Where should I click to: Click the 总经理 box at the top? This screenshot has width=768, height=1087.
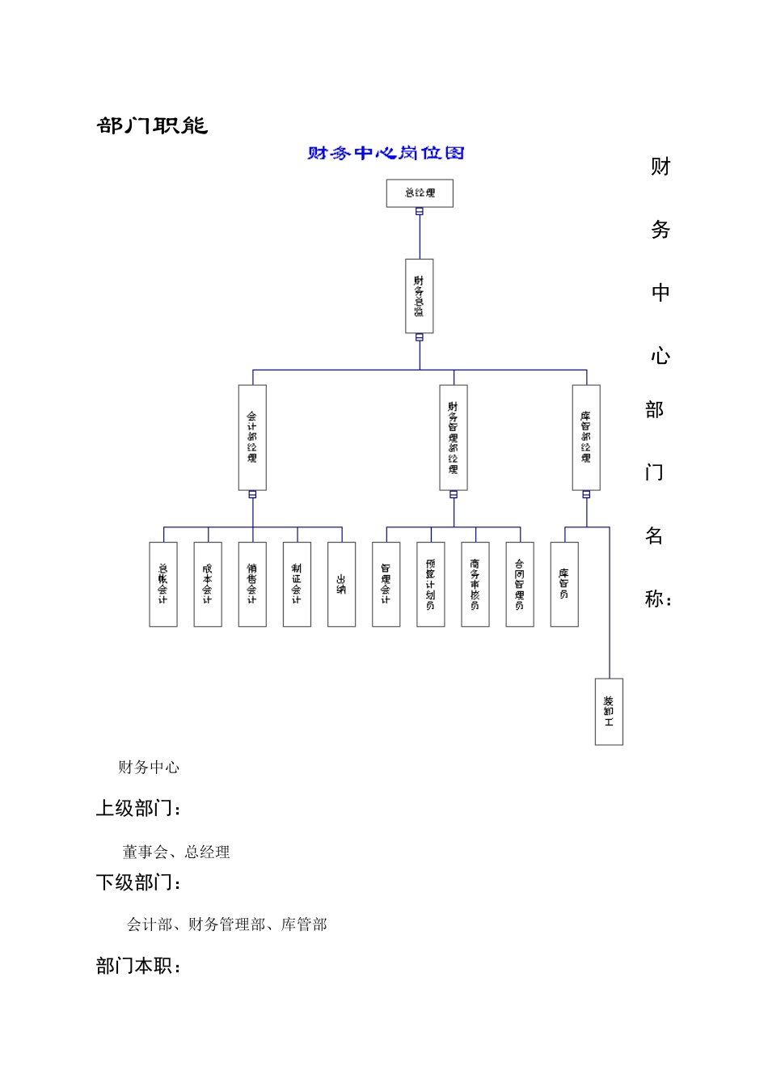[420, 193]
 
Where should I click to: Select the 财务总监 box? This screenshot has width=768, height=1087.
[419, 296]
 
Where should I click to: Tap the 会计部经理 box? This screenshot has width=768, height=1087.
[252, 437]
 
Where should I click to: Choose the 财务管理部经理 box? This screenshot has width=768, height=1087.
[454, 437]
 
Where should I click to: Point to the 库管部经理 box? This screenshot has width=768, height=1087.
[586, 437]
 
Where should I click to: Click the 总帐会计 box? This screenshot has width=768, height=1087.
[163, 584]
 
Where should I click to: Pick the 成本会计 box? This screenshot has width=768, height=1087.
[208, 584]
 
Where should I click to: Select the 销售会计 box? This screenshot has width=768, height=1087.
[252, 584]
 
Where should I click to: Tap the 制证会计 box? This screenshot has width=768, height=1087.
[297, 584]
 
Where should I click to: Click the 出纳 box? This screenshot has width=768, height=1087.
[341, 584]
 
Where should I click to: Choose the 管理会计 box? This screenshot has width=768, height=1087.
[386, 584]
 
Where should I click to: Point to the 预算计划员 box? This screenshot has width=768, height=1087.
[430, 584]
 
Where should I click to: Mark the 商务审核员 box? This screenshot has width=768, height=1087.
[475, 584]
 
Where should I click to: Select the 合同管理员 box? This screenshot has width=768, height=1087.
[519, 584]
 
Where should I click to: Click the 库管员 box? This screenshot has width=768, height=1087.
[563, 584]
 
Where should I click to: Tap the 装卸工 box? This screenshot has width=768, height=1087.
[609, 712]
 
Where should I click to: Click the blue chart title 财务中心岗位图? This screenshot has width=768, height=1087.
[386, 153]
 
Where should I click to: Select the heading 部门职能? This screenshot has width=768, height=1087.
[152, 125]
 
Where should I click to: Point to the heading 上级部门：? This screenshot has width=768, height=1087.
[139, 808]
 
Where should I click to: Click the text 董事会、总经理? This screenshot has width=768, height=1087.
[176, 852]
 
